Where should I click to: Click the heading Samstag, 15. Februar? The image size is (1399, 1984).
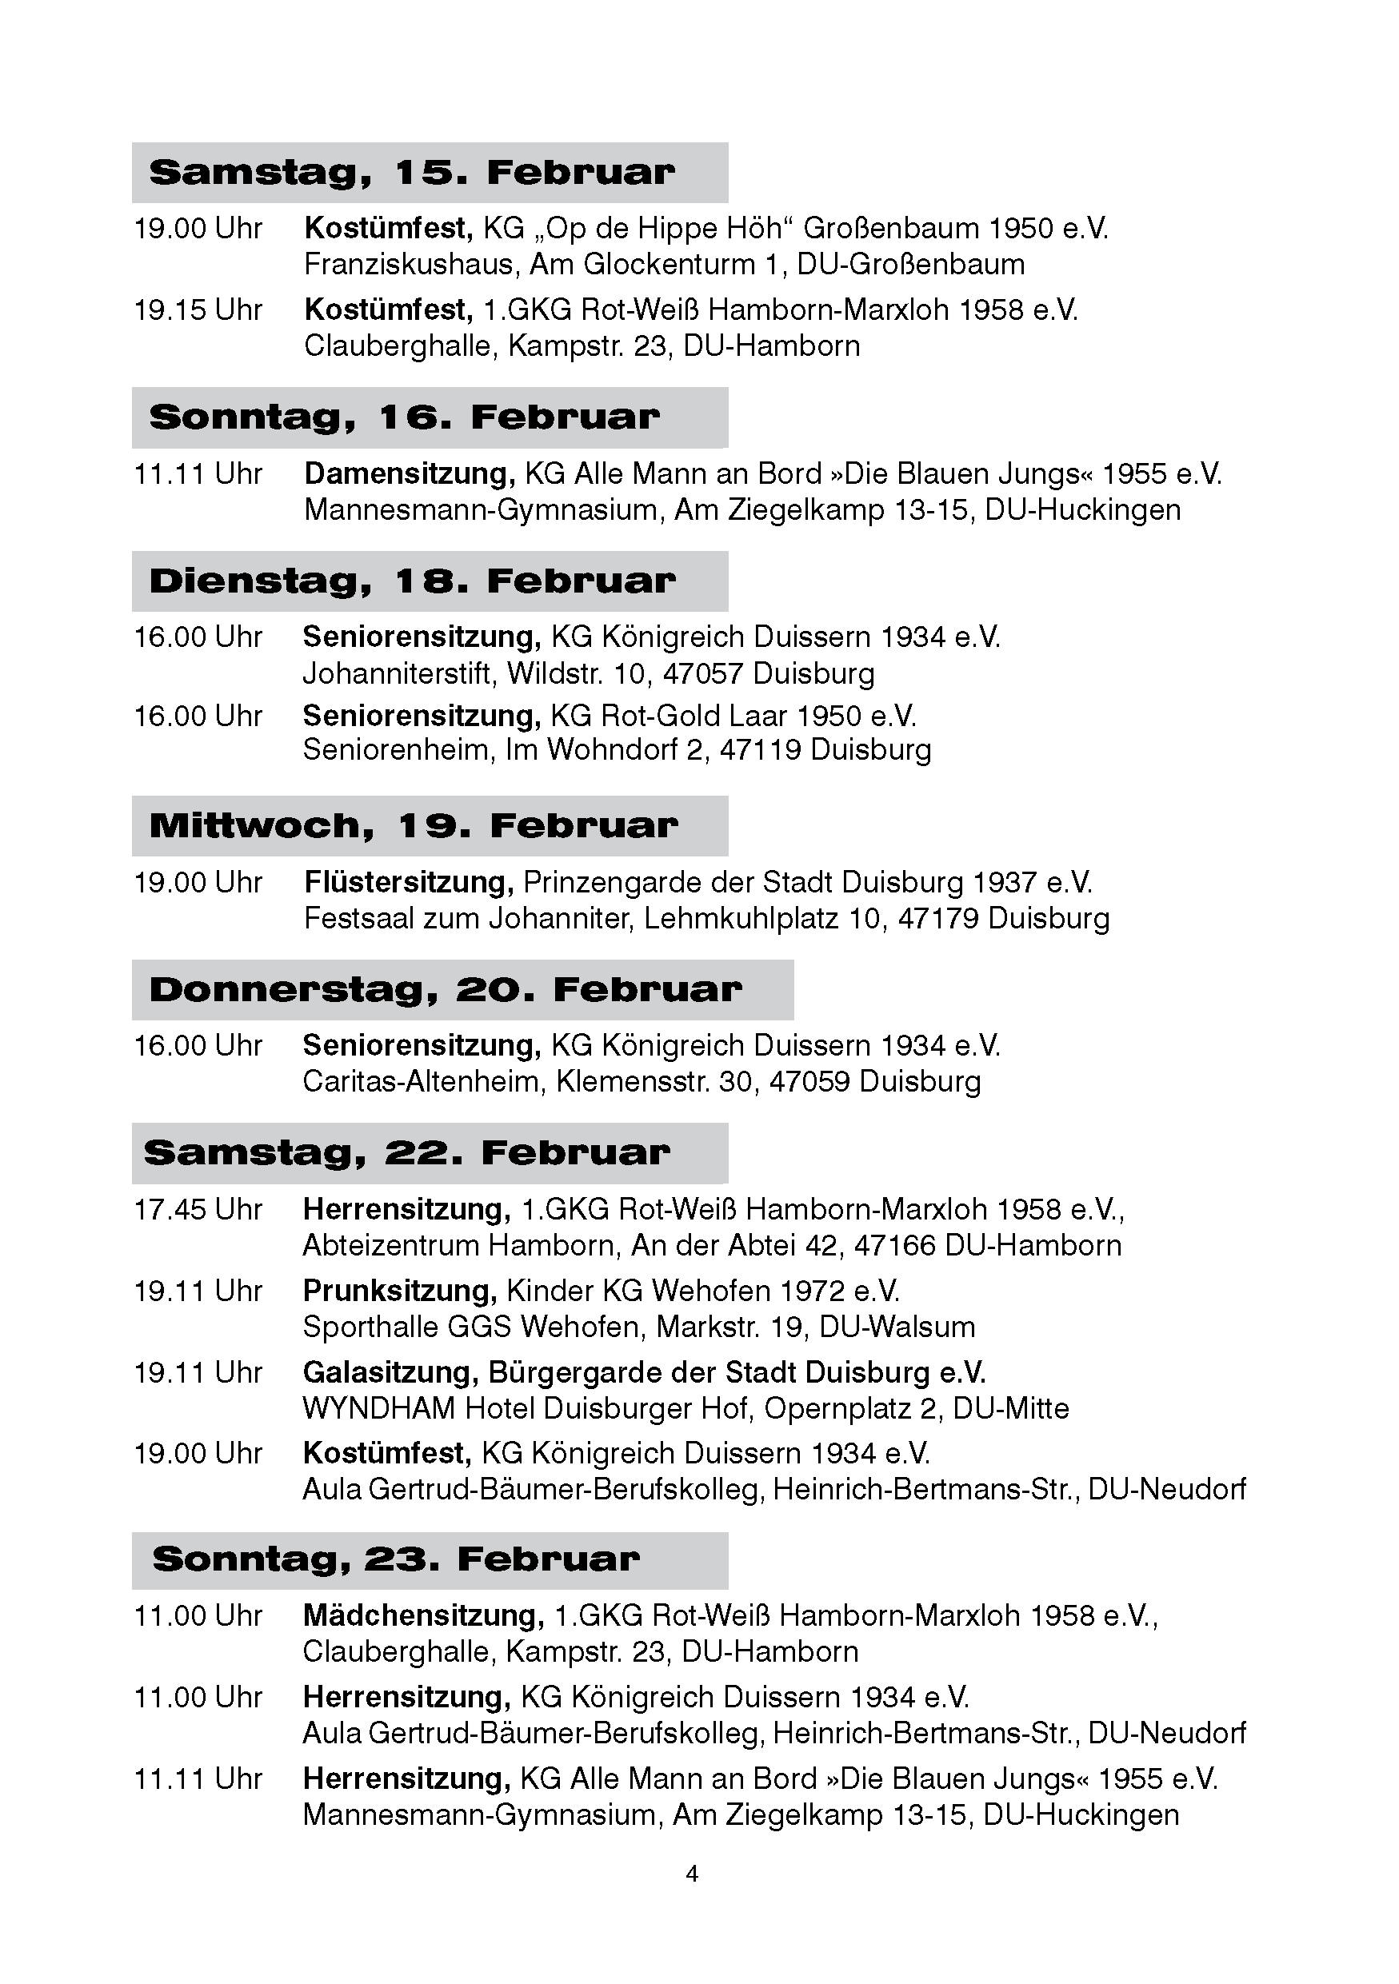(411, 173)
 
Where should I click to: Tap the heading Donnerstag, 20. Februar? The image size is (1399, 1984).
(445, 989)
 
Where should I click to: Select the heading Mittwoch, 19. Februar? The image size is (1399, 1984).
(413, 826)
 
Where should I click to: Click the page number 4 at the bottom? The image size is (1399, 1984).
(691, 1874)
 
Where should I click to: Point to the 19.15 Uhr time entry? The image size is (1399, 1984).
(198, 310)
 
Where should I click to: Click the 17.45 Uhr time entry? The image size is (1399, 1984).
(198, 1210)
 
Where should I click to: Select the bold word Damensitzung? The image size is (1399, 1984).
(410, 473)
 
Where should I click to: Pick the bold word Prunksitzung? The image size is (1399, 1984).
(399, 1291)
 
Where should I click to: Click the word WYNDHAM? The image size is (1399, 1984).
(378, 1408)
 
